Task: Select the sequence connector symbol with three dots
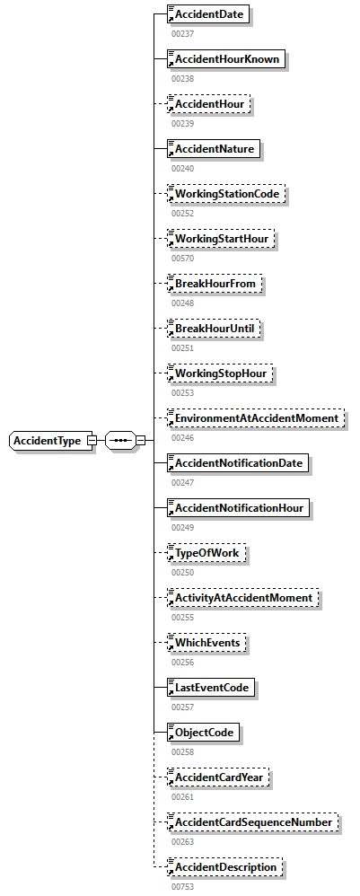pyautogui.click(x=119, y=441)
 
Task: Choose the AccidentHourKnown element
pyautogui.click(x=227, y=59)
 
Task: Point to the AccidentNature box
pyautogui.click(x=215, y=149)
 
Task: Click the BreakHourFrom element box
pyautogui.click(x=216, y=284)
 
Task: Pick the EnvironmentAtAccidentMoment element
pyautogui.click(x=257, y=418)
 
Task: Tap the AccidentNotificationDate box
pyautogui.click(x=241, y=463)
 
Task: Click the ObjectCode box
pyautogui.click(x=205, y=733)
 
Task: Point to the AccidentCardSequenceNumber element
pyautogui.click(x=254, y=822)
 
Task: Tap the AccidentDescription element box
pyautogui.click(x=226, y=867)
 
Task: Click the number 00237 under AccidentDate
pyautogui.click(x=183, y=33)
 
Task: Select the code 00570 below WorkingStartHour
pyautogui.click(x=183, y=258)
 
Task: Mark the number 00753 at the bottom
pyautogui.click(x=183, y=886)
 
